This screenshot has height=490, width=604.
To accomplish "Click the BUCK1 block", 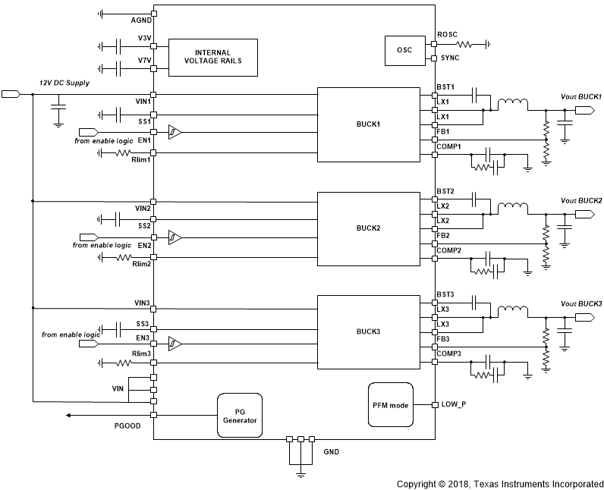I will pyautogui.click(x=369, y=124).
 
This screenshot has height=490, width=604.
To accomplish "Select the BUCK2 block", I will pyautogui.click(x=369, y=228).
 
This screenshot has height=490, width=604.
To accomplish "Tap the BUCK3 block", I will pyautogui.click(x=369, y=332).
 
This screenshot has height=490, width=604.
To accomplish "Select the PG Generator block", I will pyautogui.click(x=239, y=415).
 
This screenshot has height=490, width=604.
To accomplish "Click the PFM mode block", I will pyautogui.click(x=390, y=404).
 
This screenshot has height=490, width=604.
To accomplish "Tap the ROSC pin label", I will pyautogui.click(x=448, y=35).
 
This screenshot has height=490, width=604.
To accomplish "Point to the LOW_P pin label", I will pyautogui.click(x=453, y=404).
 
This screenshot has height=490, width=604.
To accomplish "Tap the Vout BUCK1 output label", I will pyautogui.click(x=580, y=97).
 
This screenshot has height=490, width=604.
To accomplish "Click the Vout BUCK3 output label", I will pyautogui.click(x=580, y=303).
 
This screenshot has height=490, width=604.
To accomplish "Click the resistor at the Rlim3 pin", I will pyautogui.click(x=123, y=360).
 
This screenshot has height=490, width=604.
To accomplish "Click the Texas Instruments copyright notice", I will pyautogui.click(x=499, y=482).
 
